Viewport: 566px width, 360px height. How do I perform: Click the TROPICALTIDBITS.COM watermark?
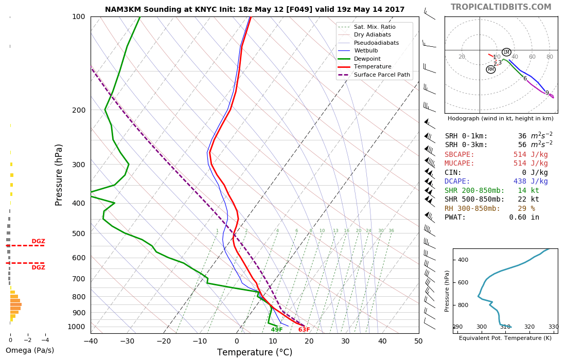tap(501, 7)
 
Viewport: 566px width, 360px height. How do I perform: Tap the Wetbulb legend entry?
tap(365, 51)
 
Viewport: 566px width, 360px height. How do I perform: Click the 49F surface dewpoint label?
tap(277, 330)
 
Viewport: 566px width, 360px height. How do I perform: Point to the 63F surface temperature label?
tap(304, 330)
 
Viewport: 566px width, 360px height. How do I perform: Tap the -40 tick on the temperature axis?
tap(91, 340)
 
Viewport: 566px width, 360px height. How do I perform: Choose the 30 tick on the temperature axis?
tap(345, 340)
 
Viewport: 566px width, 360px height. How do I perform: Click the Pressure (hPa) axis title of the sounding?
tap(59, 175)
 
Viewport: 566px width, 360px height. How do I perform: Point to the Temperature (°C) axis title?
tap(255, 352)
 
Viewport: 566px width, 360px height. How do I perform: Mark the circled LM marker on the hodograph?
tap(506, 52)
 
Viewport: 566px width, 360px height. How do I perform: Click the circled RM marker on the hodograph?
tap(490, 69)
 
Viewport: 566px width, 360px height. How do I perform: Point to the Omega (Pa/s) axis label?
tap(29, 350)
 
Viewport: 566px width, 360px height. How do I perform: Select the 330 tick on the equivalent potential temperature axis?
tap(553, 327)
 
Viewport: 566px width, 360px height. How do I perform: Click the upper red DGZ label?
tap(38, 241)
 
